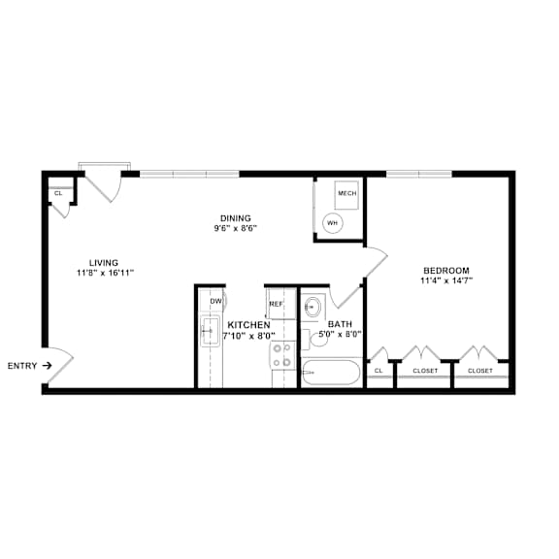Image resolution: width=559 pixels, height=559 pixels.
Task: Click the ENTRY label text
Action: point(23,366)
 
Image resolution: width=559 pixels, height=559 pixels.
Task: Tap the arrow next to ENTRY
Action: point(47,366)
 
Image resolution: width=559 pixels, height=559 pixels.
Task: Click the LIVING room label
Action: point(104,262)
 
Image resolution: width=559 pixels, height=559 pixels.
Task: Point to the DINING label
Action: point(235,217)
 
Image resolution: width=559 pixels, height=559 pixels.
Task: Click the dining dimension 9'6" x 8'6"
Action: point(235,229)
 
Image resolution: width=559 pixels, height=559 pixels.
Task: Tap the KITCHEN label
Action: point(248,324)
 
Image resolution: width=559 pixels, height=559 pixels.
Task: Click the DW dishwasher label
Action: point(215,301)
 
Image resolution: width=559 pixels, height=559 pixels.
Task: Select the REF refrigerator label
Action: point(276,304)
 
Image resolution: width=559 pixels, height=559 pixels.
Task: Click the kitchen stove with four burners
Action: point(281,356)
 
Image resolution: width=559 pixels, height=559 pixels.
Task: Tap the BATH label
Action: point(340,324)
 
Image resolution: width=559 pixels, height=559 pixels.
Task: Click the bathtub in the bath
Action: point(331,373)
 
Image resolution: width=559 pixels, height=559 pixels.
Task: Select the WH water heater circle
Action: point(333,223)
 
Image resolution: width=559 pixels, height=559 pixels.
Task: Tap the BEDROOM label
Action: point(446,270)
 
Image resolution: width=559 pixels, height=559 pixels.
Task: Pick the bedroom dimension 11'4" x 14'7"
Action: point(446,281)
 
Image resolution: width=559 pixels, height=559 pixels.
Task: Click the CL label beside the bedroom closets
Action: point(379,371)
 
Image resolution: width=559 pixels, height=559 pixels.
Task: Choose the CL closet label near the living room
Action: point(58,193)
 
